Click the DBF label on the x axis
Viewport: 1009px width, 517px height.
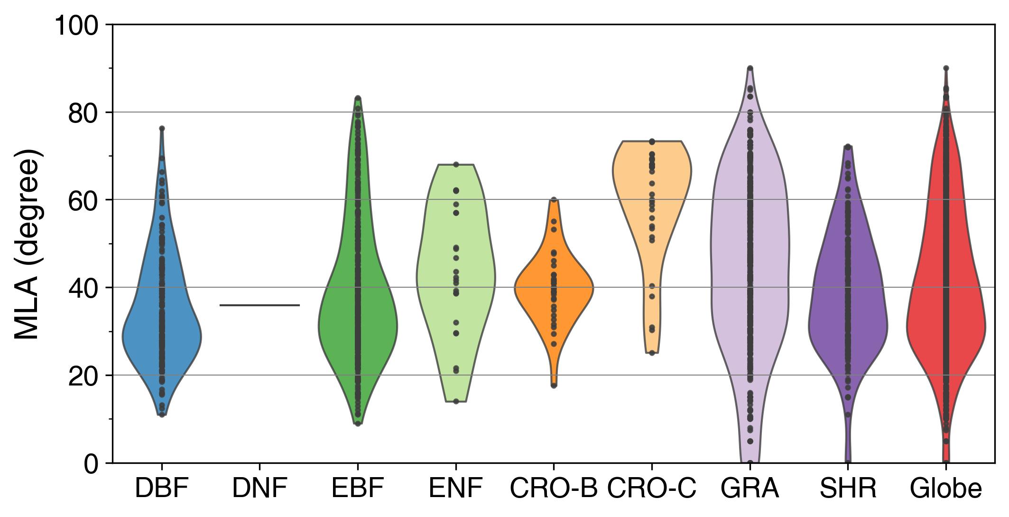(162, 489)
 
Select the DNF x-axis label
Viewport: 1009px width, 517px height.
(260, 489)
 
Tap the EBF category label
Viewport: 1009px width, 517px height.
(358, 489)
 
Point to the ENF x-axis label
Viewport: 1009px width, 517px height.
(456, 489)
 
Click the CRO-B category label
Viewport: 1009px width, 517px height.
(553, 489)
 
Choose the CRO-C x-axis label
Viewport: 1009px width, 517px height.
(652, 489)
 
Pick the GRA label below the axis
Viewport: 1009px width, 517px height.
(750, 489)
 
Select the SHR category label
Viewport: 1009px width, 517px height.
(848, 489)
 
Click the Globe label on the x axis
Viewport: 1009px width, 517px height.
(946, 489)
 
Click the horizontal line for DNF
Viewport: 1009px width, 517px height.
(260, 305)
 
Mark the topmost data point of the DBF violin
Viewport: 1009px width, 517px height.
(162, 128)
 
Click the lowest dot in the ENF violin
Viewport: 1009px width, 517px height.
(456, 401)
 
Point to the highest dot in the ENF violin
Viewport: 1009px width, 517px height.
(456, 164)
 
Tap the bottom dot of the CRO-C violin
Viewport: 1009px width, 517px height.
(652, 353)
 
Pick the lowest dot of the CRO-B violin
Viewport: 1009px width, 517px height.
(554, 385)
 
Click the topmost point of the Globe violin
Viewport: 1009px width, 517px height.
(946, 68)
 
